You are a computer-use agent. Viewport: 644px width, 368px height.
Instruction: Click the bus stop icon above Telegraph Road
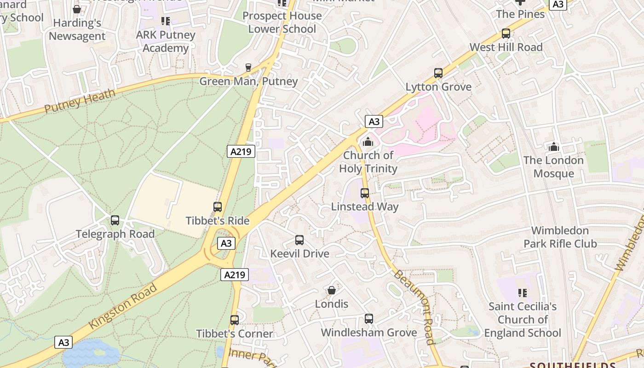tap(115, 220)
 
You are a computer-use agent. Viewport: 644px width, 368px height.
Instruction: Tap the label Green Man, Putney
tap(248, 81)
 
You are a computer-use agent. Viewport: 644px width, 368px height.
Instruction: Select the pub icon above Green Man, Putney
tap(248, 68)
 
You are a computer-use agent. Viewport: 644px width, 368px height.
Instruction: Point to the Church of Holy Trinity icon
tap(368, 142)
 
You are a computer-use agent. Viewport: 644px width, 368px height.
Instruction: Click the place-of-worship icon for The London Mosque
tap(554, 147)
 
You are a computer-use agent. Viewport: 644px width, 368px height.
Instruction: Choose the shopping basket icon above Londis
tap(331, 290)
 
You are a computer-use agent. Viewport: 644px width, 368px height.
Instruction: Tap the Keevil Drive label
tap(299, 253)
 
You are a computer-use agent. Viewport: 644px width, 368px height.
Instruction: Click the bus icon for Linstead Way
tap(365, 193)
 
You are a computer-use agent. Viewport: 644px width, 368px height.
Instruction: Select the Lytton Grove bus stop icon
tap(438, 73)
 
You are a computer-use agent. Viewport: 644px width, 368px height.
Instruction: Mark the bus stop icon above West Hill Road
tap(506, 34)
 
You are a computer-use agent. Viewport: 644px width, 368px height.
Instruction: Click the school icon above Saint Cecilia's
tap(522, 293)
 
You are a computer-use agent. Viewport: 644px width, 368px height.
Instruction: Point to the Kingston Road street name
tap(122, 306)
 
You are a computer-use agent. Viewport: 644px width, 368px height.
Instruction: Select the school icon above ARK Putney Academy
tap(166, 21)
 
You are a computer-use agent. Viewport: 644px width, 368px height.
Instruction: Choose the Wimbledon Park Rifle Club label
tap(560, 237)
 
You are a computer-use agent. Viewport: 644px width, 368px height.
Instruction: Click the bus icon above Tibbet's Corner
tap(235, 320)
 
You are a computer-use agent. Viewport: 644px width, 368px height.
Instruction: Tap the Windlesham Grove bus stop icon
tap(368, 319)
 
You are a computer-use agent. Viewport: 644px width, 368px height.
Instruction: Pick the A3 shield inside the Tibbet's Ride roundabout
tap(226, 243)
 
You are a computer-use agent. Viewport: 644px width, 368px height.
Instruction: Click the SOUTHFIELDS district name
tap(572, 365)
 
